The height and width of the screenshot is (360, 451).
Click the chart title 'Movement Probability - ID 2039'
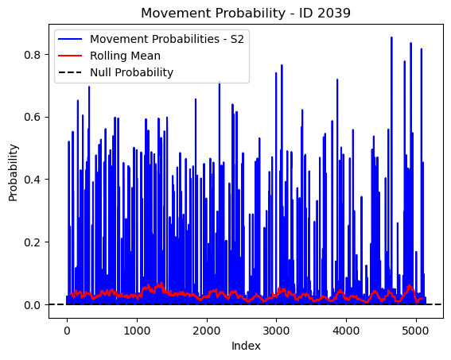tap(246, 13)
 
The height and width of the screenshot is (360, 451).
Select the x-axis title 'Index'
tap(246, 346)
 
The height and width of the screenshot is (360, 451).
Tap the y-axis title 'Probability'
tap(13, 173)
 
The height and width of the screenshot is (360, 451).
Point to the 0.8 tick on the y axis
tap(32, 55)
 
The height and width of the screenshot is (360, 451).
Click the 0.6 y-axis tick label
tap(32, 118)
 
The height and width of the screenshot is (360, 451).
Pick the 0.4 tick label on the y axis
tap(32, 180)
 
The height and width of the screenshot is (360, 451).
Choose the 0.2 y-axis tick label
tap(32, 242)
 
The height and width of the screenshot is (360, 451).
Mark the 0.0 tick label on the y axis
tap(32, 305)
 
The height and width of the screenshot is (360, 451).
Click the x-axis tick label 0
tap(67, 331)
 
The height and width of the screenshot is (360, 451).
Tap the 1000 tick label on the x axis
tap(137, 331)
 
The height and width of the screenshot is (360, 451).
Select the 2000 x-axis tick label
tap(207, 331)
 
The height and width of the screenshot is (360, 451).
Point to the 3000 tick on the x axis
tap(277, 331)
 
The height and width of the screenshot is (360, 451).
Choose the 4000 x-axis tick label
tap(346, 331)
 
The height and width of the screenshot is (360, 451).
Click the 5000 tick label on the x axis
tap(416, 331)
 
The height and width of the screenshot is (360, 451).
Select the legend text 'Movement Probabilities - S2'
tap(167, 39)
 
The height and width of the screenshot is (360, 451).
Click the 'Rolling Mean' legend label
tap(125, 56)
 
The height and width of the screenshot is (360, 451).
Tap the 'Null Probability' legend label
tap(132, 72)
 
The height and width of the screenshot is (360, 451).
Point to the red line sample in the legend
tap(70, 56)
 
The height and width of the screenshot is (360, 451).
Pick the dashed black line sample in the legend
tap(70, 72)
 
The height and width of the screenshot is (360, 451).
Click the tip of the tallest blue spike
tap(391, 37)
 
